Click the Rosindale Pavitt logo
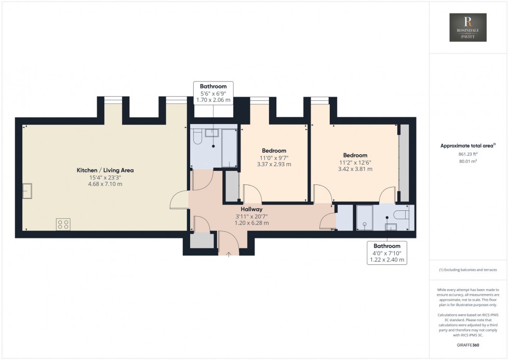point(468,28)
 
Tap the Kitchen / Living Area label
point(105,170)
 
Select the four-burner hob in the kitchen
point(63,224)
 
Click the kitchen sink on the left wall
point(27,192)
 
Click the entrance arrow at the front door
point(229,253)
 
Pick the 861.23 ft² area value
point(468,154)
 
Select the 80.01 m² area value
point(468,161)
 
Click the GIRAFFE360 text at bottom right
point(468,344)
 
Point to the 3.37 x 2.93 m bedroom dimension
point(274,164)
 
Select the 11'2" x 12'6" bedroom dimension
point(355,162)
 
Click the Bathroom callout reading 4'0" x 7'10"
point(387,252)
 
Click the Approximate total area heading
point(467,146)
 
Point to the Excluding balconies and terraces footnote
point(467,270)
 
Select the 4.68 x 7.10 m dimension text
point(105,183)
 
